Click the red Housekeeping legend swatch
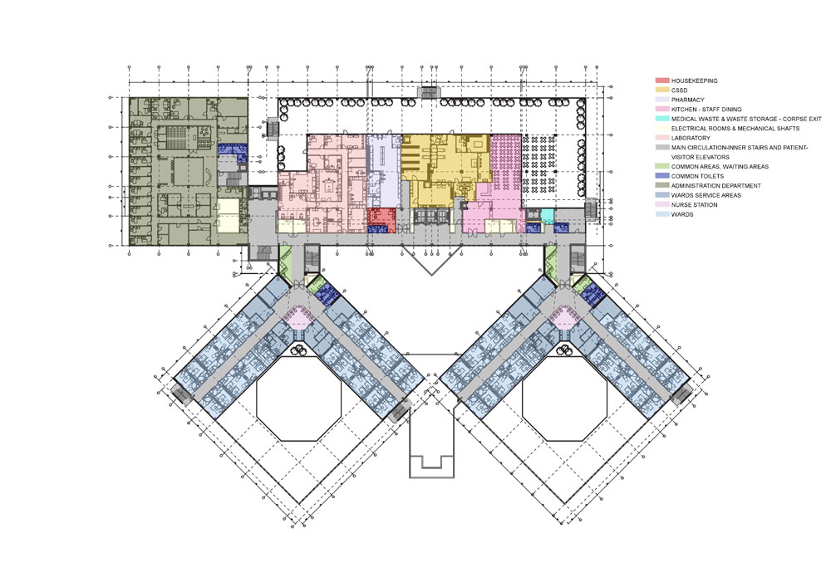[x=662, y=81]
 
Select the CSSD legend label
[x=680, y=90]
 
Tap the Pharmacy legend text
[x=688, y=100]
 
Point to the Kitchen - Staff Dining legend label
[x=706, y=110]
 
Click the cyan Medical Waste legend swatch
[x=662, y=119]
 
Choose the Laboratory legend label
[x=691, y=138]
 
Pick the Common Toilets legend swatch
[x=662, y=176]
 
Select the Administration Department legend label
[x=716, y=186]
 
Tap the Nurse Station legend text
[x=694, y=205]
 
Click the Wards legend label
[x=682, y=214]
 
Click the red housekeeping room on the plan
[x=382, y=217]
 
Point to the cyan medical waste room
[x=547, y=216]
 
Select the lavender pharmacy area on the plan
[x=382, y=170]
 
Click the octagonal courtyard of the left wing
[x=298, y=398]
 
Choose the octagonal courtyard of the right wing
[x=563, y=398]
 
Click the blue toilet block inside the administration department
[x=232, y=149]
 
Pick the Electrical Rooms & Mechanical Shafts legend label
[x=735, y=129]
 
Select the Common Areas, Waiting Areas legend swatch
[x=662, y=167]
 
